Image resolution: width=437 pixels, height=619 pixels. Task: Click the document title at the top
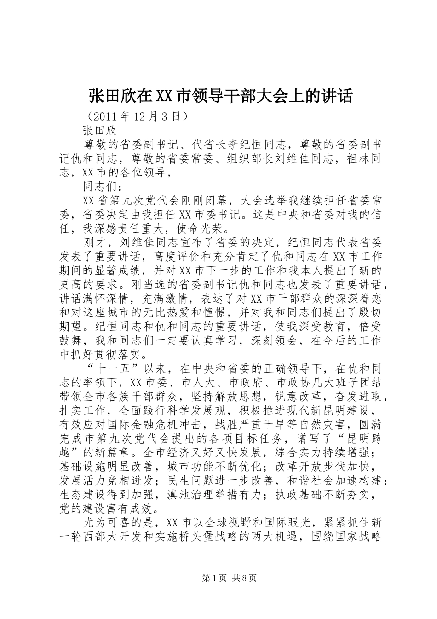point(220,96)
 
